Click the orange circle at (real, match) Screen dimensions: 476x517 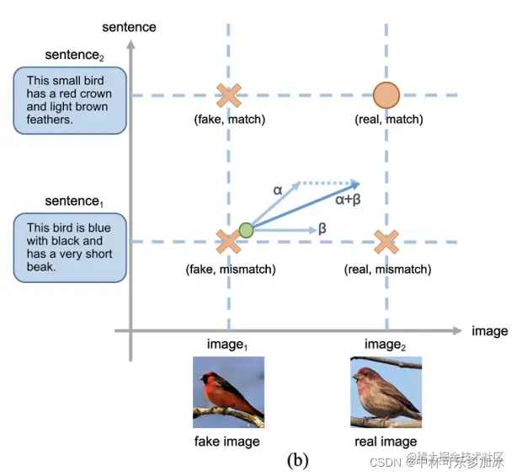[386, 95]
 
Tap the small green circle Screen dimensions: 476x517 [246, 230]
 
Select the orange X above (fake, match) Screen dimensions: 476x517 [227, 95]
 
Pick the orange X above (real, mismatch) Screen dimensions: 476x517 [386, 243]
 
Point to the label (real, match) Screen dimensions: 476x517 [388, 120]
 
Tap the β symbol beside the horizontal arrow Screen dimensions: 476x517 [322, 228]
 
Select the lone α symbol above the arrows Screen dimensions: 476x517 [278, 190]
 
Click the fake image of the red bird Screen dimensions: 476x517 [228, 392]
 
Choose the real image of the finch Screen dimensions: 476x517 [386, 392]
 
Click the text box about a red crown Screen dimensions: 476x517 [70, 101]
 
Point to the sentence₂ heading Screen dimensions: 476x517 [73, 56]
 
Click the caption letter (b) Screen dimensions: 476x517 [299, 460]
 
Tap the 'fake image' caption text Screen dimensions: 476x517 [227, 441]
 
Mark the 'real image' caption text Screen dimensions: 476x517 [386, 441]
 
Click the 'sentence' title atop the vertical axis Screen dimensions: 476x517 [129, 26]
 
